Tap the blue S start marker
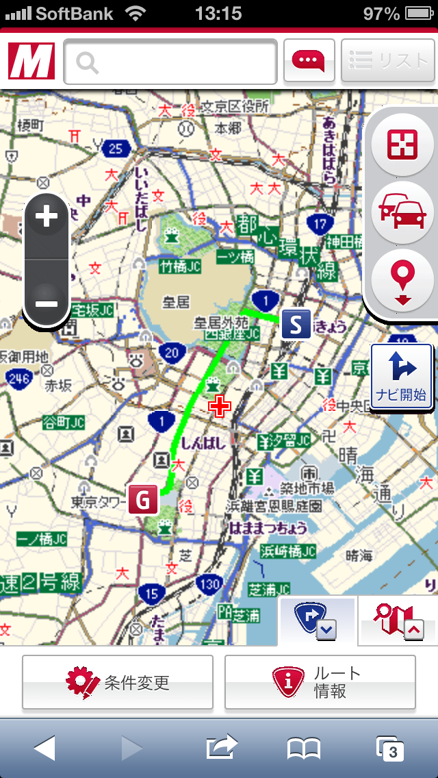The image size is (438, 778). click(x=296, y=324)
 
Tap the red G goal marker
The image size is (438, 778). click(x=143, y=499)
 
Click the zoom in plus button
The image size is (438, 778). click(x=47, y=217)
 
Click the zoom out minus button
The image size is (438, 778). click(x=47, y=302)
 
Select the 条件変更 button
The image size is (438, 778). click(x=118, y=682)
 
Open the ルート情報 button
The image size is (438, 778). click(x=320, y=682)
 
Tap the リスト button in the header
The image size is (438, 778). click(x=387, y=61)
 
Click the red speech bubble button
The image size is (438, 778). click(x=309, y=61)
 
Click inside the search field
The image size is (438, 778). click(x=171, y=62)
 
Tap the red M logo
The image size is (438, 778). click(x=31, y=62)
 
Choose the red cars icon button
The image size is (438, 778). click(x=403, y=212)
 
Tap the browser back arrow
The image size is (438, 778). click(x=44, y=748)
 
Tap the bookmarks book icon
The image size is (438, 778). click(x=304, y=749)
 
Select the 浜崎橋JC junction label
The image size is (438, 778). click(x=288, y=551)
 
